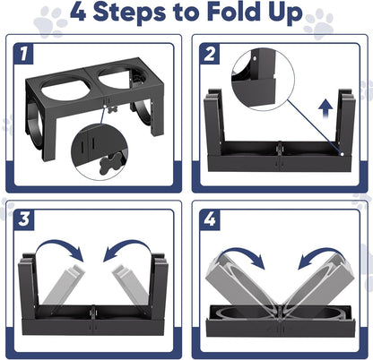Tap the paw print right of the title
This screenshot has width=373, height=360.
tap(318, 22)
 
